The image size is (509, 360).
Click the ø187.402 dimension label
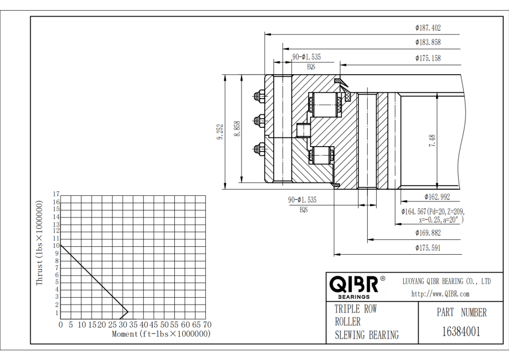tap(428, 27)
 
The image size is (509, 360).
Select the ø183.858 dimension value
tap(428, 42)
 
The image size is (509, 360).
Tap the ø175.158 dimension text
tap(428, 58)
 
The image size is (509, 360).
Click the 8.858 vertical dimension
tap(238, 128)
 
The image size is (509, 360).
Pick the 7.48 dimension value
tap(432, 141)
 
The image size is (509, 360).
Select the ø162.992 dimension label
tap(437, 197)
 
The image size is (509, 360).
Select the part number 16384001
tap(461, 331)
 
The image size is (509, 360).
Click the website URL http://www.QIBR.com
tap(440, 294)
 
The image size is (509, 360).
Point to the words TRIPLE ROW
tap(356, 309)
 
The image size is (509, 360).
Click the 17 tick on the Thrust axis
tap(56, 194)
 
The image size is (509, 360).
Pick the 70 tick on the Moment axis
tap(207, 325)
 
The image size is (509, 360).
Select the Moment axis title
tap(161, 334)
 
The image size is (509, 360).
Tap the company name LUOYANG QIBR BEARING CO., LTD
tap(446, 281)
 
